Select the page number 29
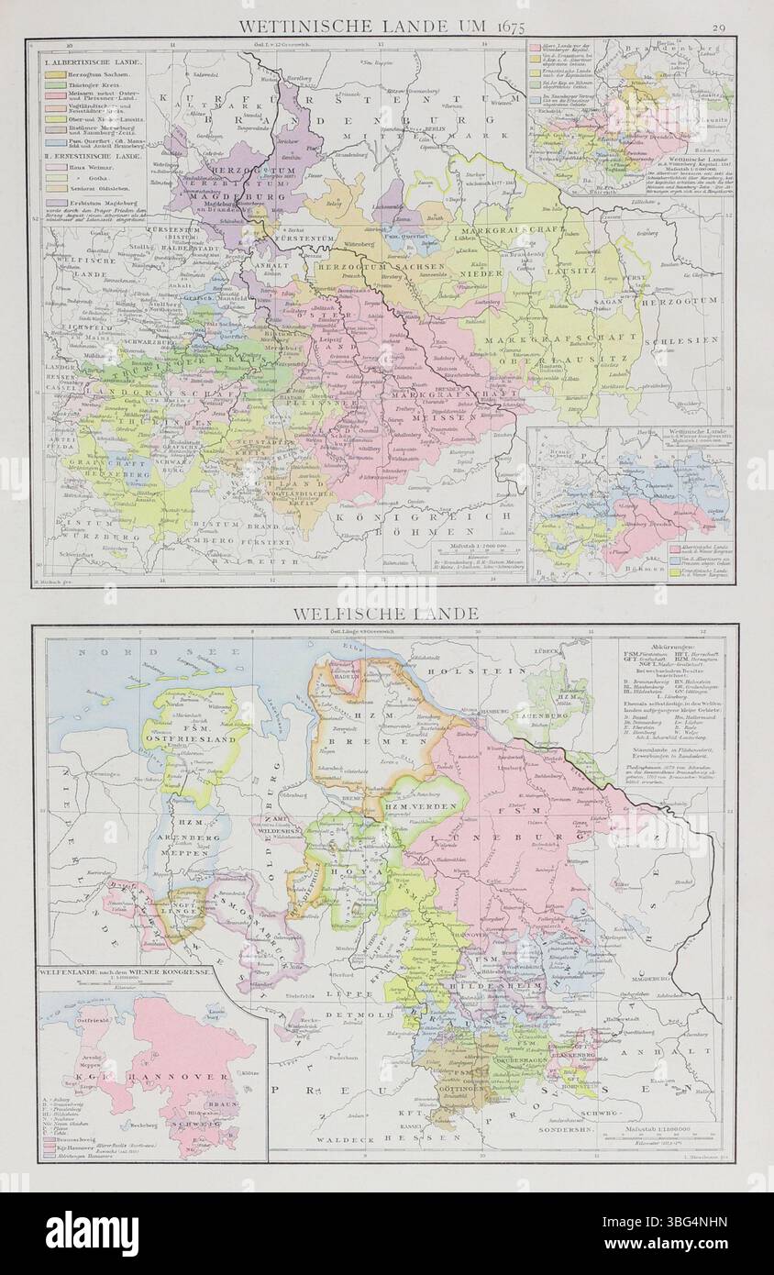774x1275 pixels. pyautogui.click(x=718, y=28)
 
